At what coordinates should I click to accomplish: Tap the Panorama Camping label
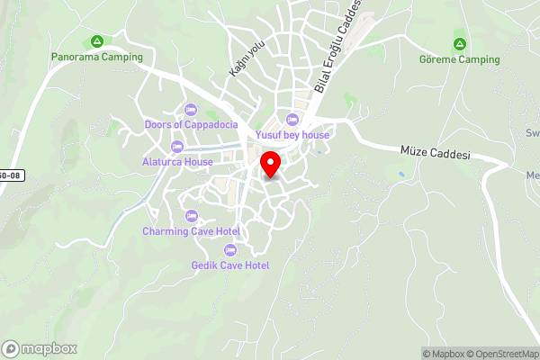click(x=97, y=57)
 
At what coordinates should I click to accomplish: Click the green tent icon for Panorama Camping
click(x=97, y=41)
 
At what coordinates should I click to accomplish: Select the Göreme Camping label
click(x=459, y=59)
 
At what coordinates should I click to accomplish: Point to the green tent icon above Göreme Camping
click(x=459, y=44)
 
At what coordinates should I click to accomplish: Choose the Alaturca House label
click(x=177, y=162)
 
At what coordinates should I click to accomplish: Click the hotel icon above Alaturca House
click(x=177, y=147)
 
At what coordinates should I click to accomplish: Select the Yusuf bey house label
click(x=292, y=135)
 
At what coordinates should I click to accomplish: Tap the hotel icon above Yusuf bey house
click(x=292, y=120)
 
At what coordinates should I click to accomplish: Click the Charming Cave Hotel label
click(x=191, y=231)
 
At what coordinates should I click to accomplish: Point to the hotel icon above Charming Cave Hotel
click(x=191, y=216)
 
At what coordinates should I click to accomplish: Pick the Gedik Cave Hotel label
click(x=230, y=265)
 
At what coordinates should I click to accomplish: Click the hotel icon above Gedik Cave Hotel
click(x=231, y=250)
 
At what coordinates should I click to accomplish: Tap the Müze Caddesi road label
click(x=436, y=154)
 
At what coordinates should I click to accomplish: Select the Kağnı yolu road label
click(x=238, y=58)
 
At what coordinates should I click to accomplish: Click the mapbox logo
click(x=40, y=348)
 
